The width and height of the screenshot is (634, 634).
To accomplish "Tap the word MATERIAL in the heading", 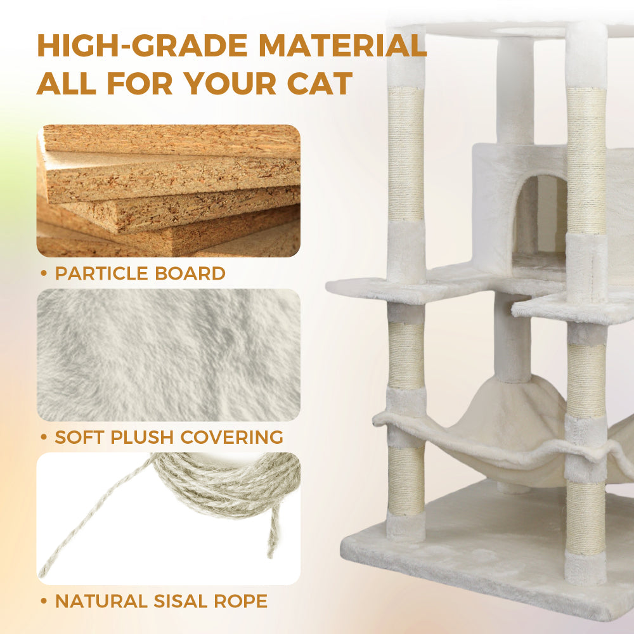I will pyautogui.click(x=341, y=46).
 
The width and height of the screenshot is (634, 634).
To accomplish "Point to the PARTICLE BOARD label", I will pyautogui.click(x=139, y=274).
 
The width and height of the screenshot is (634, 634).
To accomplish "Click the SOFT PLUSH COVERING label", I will pyautogui.click(x=169, y=437).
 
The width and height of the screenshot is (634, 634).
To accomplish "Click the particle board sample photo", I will pyautogui.click(x=168, y=190).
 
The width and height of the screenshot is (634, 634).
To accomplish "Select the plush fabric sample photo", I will pyautogui.click(x=168, y=354).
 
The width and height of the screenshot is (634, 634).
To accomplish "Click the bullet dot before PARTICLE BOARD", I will pyautogui.click(x=44, y=274).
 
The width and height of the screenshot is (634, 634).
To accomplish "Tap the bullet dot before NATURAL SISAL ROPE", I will pyautogui.click(x=44, y=601).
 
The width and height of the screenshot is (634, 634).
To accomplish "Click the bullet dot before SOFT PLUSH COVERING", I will pyautogui.click(x=44, y=437).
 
